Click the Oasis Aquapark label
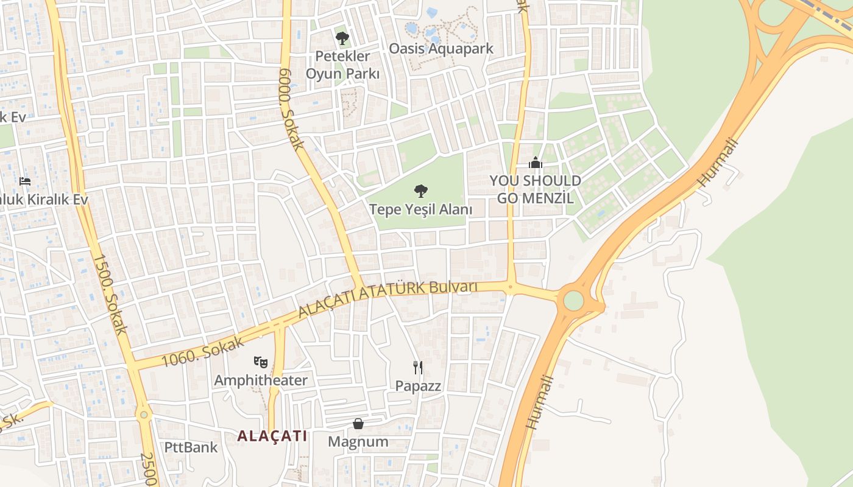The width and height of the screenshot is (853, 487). tap(441, 49)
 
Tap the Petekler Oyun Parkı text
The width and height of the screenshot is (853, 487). tap(342, 65)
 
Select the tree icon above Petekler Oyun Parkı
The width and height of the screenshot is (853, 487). tap(342, 38)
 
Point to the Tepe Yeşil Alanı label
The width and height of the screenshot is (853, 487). tap(421, 210)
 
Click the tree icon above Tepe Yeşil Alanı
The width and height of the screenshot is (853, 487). tap(420, 191)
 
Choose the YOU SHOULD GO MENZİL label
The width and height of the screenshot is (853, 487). tap(536, 189)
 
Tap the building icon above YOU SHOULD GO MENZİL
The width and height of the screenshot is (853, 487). tap(536, 163)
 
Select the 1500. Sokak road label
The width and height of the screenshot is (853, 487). tap(110, 294)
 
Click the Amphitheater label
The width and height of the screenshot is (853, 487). tap(261, 381)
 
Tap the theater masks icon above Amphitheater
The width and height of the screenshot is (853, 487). tap(261, 362)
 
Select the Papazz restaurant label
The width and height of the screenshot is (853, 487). tap(418, 386)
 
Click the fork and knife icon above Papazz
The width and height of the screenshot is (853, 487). tap(418, 367)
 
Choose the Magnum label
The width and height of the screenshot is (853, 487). tap(358, 442)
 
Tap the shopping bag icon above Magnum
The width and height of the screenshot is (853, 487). tap(358, 424)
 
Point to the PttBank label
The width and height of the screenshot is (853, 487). tap(191, 447)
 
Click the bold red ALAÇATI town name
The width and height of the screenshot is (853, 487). tap(272, 436)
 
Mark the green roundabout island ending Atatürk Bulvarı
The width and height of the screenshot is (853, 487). tap(573, 300)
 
